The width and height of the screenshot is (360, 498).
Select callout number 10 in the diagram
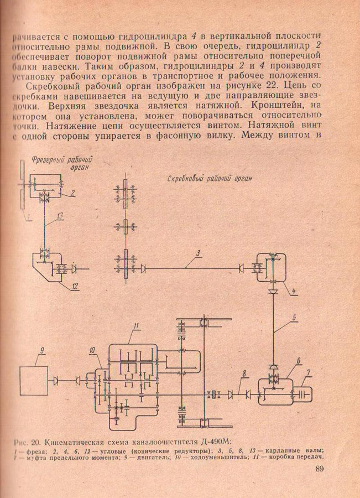[x=91, y=350]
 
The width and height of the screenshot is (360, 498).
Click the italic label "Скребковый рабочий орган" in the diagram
[x=210, y=178]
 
